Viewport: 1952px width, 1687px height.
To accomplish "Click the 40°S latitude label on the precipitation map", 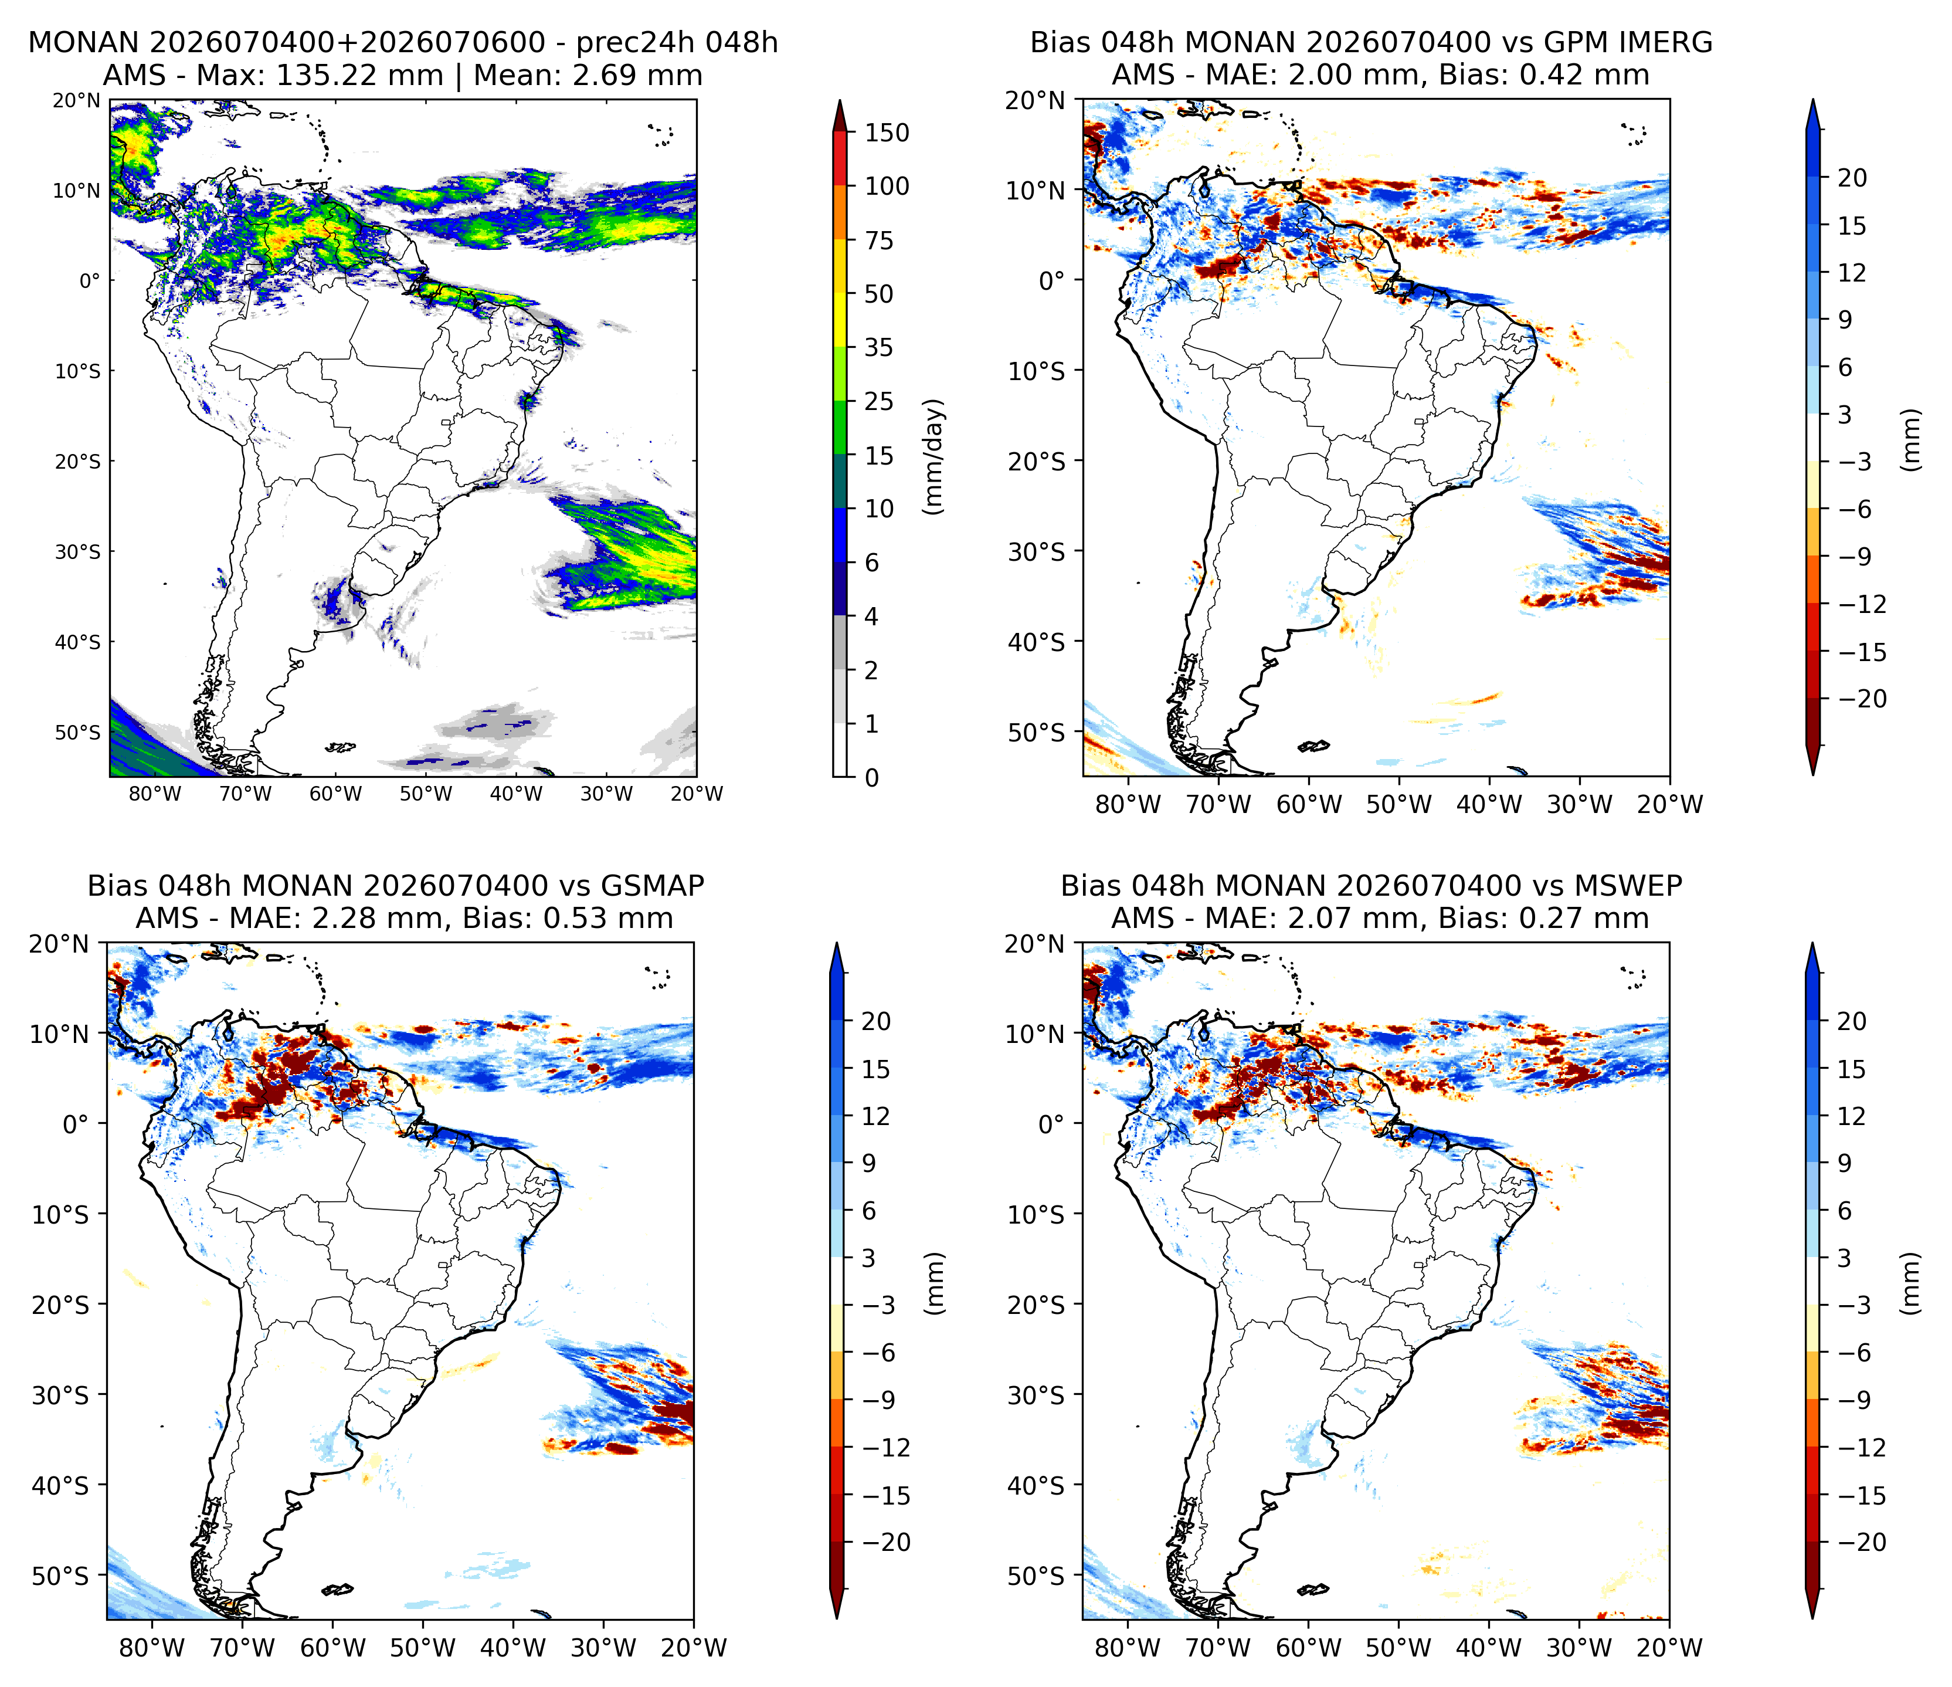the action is click(77, 642).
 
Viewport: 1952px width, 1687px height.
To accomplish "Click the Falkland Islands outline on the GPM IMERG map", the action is click(1314, 747).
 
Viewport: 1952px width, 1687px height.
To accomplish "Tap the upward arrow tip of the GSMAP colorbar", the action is click(836, 943).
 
